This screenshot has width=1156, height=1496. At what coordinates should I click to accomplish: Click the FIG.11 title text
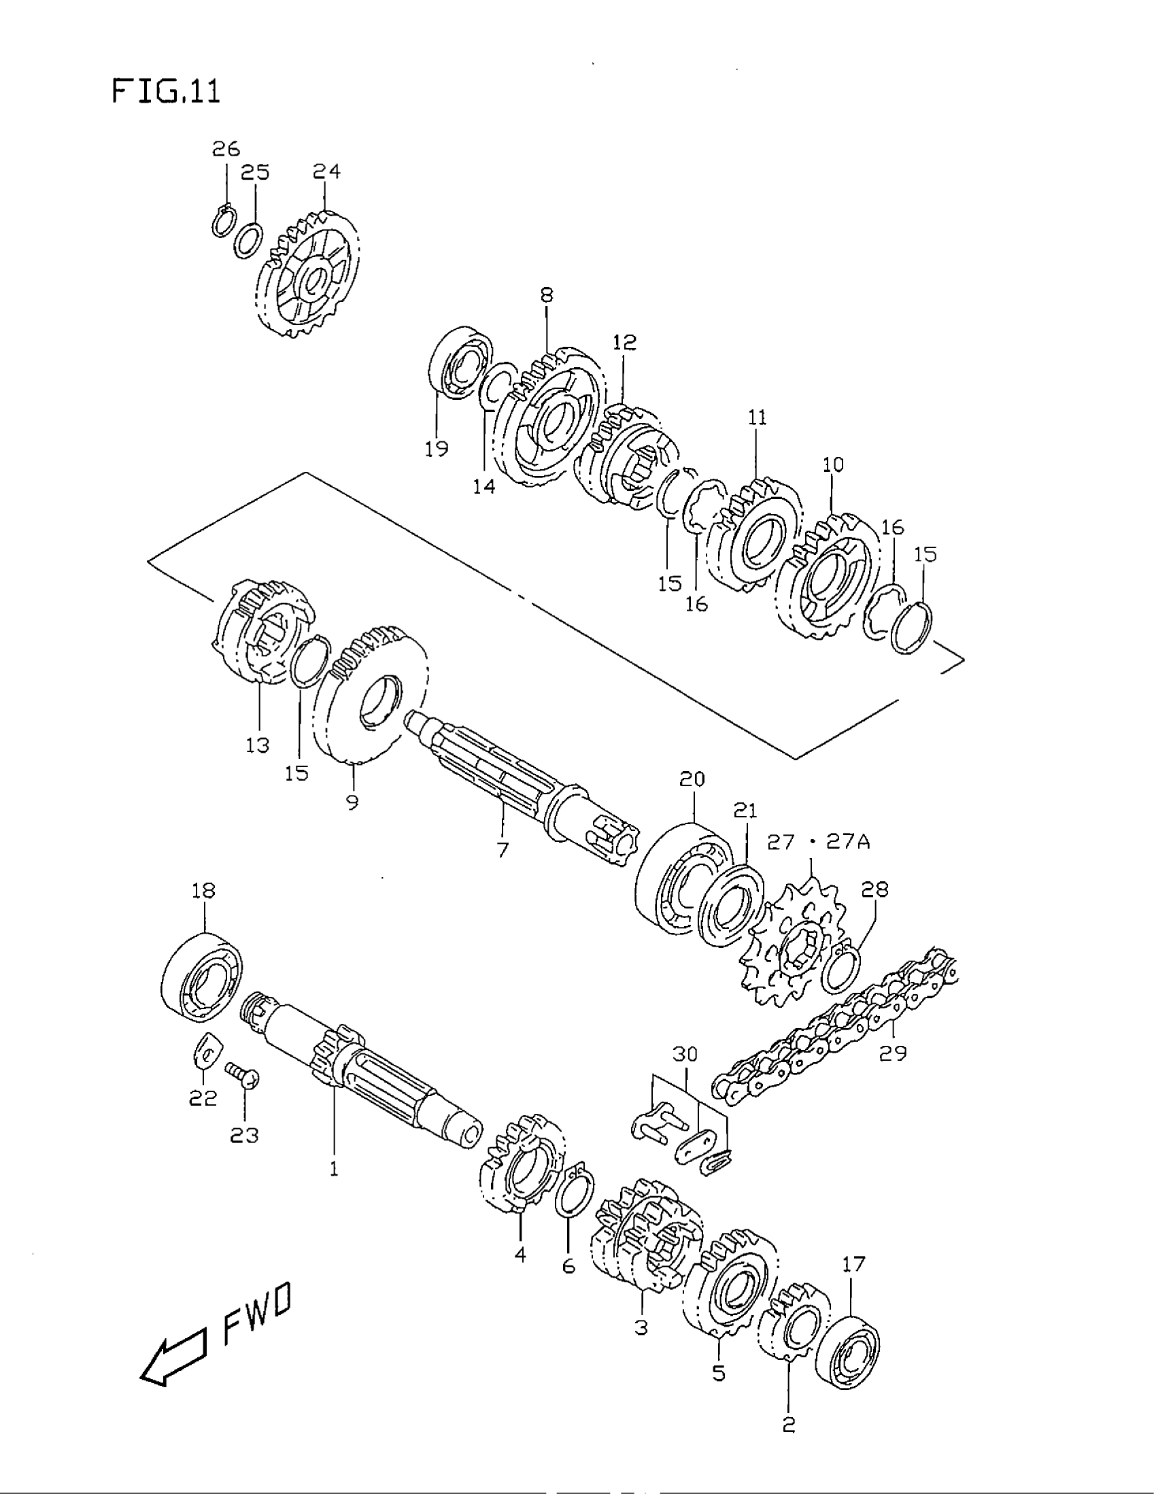(x=166, y=91)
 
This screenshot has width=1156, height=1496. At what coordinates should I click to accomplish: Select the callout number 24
(x=326, y=171)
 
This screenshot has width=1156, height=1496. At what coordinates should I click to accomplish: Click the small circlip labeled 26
(x=222, y=222)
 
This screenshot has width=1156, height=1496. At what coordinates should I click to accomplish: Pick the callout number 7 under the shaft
(x=503, y=850)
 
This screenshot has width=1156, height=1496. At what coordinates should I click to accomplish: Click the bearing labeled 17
(x=849, y=1350)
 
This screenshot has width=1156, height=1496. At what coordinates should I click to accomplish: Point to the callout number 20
(x=692, y=779)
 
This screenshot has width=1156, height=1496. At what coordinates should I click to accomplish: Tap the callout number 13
(x=258, y=745)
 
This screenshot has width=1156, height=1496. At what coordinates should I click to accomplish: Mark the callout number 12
(x=624, y=342)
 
